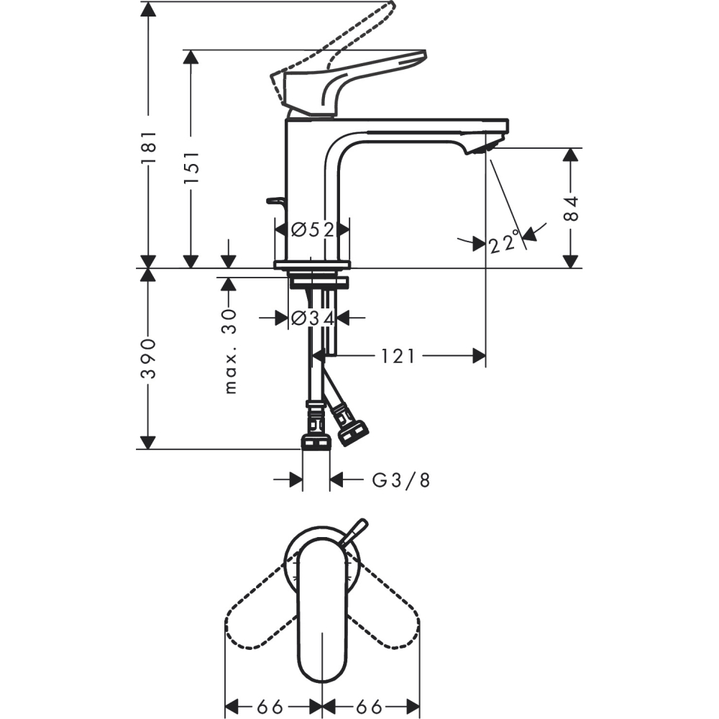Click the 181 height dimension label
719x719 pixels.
pos(149,147)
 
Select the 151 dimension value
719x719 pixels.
pos(191,168)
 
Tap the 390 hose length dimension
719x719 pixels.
pos(149,359)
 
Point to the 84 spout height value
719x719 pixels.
pos(571,209)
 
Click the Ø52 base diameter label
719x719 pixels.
pos(313,229)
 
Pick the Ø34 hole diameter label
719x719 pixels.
pos(313,317)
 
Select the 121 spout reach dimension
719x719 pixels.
pos(398,356)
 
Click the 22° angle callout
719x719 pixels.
pos(504,242)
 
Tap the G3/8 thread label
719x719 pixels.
pos(400,480)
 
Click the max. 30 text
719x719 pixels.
pos(230,352)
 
